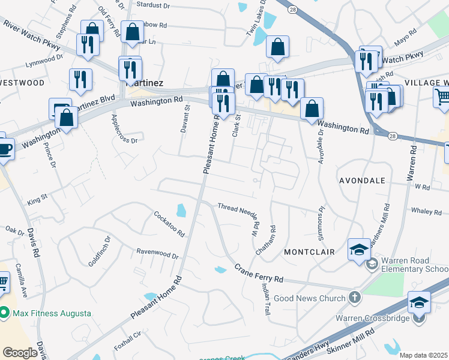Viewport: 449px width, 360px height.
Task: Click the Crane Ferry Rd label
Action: tap(258, 274)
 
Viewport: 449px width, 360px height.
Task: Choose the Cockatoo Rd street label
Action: tap(169, 223)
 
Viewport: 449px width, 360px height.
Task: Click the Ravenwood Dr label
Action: tap(157, 254)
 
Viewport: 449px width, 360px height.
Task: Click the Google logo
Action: tap(20, 353)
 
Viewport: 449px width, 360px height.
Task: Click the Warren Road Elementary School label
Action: tap(415, 269)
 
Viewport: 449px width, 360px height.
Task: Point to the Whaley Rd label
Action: tap(426, 211)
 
